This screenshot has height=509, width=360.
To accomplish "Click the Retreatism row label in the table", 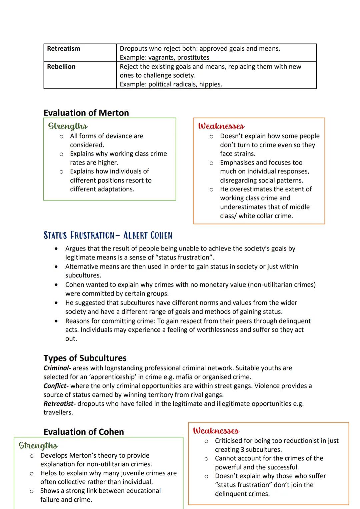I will (x=63, y=49).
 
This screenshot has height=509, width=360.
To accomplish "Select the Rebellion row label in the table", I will (x=61, y=67).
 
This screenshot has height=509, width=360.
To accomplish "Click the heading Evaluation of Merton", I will (x=86, y=113).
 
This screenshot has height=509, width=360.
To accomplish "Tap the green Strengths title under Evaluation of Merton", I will (x=68, y=126).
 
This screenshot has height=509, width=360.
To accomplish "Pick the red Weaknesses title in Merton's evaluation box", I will (x=221, y=126).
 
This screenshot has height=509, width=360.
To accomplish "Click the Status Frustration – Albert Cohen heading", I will (x=108, y=236).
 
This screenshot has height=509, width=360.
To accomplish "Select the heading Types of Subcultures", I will (x=85, y=358).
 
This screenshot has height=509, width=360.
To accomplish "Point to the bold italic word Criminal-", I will (x=57, y=368).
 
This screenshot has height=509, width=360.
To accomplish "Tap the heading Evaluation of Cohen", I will (x=84, y=432).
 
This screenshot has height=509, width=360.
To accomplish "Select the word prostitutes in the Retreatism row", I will (x=193, y=58).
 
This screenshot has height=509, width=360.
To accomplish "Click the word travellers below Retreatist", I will (x=58, y=412).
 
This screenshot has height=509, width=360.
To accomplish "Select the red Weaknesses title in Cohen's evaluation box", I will (x=216, y=431).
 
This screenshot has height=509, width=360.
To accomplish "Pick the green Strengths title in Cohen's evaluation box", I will (x=38, y=446).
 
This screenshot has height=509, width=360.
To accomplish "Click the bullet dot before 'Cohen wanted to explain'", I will (x=57, y=285).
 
